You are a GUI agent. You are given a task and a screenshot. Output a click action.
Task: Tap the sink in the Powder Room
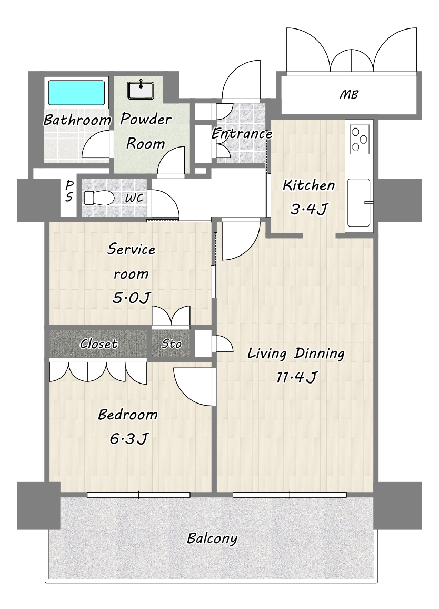[x=141, y=90]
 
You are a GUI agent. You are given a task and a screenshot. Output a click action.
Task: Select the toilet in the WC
[x=99, y=198]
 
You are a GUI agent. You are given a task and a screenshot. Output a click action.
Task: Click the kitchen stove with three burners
[x=359, y=139]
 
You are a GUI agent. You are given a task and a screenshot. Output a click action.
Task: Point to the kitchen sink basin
[x=358, y=202]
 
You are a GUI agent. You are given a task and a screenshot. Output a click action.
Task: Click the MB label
[x=348, y=94]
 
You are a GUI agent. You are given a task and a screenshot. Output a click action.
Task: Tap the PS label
[x=69, y=191]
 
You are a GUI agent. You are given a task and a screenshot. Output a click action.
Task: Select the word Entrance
[x=242, y=134]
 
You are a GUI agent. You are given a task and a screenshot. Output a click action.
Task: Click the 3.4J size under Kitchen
[x=308, y=210]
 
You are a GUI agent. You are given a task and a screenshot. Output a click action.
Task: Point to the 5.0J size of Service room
[x=131, y=298]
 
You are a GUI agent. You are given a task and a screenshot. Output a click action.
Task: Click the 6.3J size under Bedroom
[x=128, y=439]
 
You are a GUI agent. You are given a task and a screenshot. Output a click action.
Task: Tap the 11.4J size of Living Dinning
[x=296, y=377]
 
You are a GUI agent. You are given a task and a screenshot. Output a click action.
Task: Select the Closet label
[x=98, y=343]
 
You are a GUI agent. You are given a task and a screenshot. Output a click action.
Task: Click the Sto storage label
[x=171, y=343]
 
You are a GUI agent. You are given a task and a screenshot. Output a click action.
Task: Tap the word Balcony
[x=212, y=539]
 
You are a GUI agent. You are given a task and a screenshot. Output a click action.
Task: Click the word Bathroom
[x=77, y=120]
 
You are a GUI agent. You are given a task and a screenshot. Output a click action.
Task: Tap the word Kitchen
[x=308, y=185]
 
